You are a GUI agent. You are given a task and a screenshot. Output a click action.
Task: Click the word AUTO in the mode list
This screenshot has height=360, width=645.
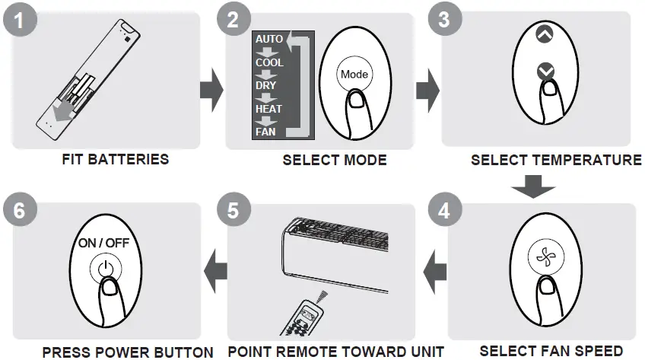pos(269,39)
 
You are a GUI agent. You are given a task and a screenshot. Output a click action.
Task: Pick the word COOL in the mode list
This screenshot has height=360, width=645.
pos(269,62)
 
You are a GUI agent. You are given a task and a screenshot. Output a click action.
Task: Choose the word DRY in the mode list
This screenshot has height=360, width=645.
pos(266,86)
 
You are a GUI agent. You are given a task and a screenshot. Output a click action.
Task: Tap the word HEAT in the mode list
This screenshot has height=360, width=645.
pos(268,109)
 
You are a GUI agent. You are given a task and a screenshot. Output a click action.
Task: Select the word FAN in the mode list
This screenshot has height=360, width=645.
pos(266,132)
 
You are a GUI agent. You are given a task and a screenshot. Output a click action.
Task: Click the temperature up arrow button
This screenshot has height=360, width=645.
pos(545,34)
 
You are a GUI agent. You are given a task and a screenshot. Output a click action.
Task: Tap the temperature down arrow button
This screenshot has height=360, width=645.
pos(545,72)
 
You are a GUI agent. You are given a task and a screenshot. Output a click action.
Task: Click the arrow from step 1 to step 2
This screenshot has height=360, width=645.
pos(211,91)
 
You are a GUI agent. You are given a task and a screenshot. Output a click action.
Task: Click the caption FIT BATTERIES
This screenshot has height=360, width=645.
pos(116,160)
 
